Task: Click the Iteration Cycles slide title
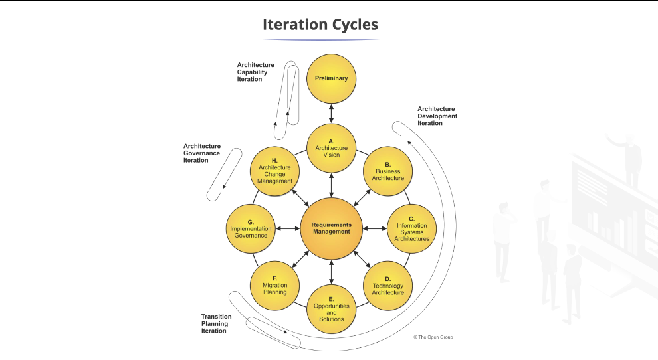point(320,25)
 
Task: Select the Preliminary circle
point(331,78)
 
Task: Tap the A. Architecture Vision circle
point(331,147)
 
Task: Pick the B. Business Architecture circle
point(388,171)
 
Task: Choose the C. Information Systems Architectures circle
point(411,228)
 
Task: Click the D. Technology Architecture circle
point(388,286)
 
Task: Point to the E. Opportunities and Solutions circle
point(331,309)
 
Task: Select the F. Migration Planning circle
point(274,286)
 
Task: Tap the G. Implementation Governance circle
point(251,228)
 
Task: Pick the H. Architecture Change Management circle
point(274,171)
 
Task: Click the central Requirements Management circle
point(331,228)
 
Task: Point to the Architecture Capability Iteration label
point(255,72)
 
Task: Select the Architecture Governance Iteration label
point(201,153)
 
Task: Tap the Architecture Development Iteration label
point(437,116)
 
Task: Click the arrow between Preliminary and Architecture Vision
point(331,113)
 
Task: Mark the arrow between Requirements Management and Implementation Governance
point(287,228)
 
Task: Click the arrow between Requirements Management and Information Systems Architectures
point(375,228)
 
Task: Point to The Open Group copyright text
point(433,337)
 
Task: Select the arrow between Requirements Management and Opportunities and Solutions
point(331,272)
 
